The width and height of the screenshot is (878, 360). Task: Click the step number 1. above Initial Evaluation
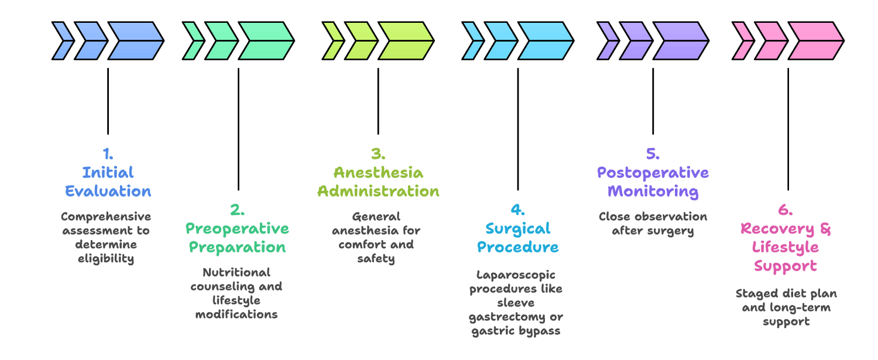[x=108, y=154]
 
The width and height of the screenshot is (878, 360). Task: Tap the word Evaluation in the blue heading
[x=108, y=191]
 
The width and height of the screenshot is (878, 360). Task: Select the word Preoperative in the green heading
[x=237, y=228]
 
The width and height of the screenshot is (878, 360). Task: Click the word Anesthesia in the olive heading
[x=378, y=173]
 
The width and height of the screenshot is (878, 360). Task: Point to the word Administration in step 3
[x=378, y=191]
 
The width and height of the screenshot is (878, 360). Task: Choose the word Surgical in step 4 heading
[x=518, y=228]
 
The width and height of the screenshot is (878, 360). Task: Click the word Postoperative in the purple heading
[x=653, y=173]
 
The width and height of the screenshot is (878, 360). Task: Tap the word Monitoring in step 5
[x=653, y=191]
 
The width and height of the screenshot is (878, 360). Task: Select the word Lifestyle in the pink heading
[x=785, y=247]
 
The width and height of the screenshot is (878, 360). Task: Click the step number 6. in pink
[x=785, y=210]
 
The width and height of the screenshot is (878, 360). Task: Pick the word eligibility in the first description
[x=106, y=259]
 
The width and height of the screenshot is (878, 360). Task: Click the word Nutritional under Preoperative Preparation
[x=236, y=272]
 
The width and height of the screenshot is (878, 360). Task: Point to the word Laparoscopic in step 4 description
[x=516, y=275]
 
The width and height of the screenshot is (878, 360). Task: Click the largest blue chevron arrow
[x=136, y=41]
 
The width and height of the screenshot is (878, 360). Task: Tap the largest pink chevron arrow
[x=816, y=41]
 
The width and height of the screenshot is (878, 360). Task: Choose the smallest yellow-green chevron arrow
[x=334, y=41]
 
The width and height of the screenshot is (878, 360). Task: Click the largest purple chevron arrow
[x=681, y=41]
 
